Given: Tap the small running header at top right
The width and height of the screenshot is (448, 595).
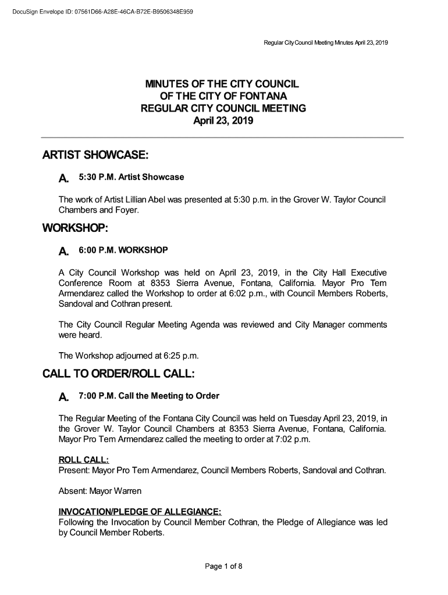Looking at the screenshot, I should coord(326,44).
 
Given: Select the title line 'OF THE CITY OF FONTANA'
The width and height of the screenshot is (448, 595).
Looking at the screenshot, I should coord(224,97).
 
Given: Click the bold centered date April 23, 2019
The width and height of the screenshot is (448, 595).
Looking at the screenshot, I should coord(224,121).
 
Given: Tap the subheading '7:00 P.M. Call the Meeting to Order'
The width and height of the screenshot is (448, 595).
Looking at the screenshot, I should coord(149,396).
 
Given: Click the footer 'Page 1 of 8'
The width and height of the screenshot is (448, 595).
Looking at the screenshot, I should coord(223,567).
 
